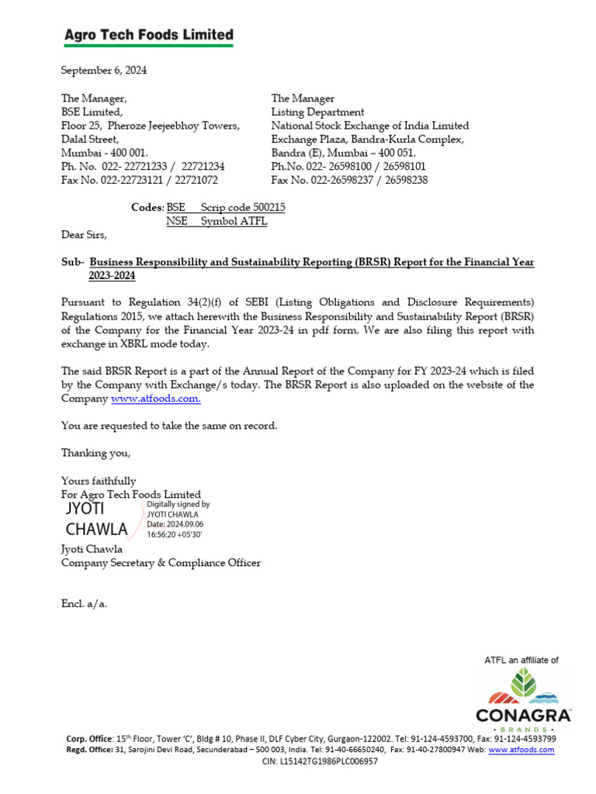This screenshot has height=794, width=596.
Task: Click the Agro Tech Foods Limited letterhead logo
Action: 147,36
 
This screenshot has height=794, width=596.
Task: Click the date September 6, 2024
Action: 104,71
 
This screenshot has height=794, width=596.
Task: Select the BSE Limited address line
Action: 92,112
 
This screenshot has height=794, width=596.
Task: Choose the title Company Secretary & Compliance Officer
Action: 161,563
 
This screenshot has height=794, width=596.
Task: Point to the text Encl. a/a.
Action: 84,603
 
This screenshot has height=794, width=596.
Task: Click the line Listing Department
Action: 317,112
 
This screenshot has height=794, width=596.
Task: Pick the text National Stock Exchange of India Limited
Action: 369,126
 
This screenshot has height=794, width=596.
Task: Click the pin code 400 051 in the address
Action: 392,153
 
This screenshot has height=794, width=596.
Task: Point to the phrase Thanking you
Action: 96,453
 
